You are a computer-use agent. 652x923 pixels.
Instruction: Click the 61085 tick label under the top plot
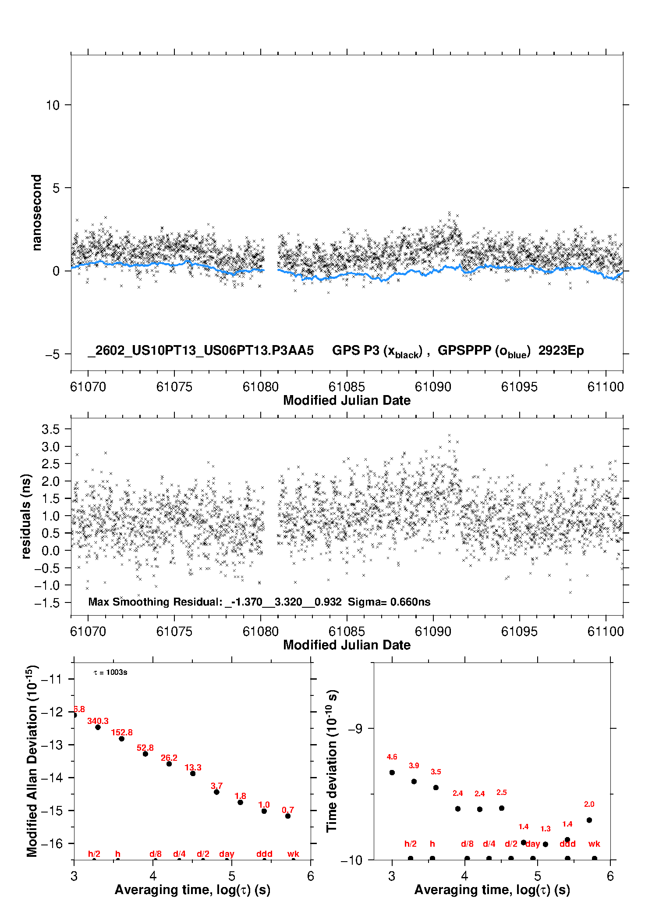pyautogui.click(x=347, y=387)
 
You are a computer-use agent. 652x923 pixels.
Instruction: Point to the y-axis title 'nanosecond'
pyautogui.click(x=36, y=212)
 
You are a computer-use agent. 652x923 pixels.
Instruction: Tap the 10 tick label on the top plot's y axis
pyautogui.click(x=53, y=105)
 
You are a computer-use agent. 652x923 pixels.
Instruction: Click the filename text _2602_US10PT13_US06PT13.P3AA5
pyautogui.click(x=201, y=350)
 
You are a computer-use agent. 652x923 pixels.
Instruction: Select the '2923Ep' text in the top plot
pyautogui.click(x=561, y=350)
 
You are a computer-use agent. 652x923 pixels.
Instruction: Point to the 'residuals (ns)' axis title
pyautogui.click(x=26, y=516)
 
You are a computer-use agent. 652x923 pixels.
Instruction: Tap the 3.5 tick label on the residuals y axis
pyautogui.click(x=50, y=429)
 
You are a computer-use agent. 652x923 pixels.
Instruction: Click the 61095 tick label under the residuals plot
pyautogui.click(x=519, y=631)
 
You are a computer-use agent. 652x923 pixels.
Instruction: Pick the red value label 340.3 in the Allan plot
pyautogui.click(x=98, y=721)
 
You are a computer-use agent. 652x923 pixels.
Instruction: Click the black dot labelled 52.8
pyautogui.click(x=145, y=754)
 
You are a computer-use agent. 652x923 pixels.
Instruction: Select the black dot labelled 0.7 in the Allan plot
pyautogui.click(x=288, y=816)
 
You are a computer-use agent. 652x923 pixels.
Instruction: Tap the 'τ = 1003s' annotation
pyautogui.click(x=110, y=673)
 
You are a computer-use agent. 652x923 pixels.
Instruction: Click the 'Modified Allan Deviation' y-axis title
pyautogui.click(x=32, y=761)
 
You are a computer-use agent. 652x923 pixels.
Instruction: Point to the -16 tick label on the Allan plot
pyautogui.click(x=51, y=843)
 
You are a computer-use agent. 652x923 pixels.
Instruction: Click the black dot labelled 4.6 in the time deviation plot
pyautogui.click(x=392, y=773)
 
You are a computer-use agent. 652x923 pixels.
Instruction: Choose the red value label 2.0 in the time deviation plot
pyautogui.click(x=589, y=804)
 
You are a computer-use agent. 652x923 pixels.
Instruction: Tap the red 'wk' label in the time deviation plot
pyautogui.click(x=594, y=844)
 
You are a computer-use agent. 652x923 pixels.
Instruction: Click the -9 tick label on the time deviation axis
pyautogui.click(x=355, y=729)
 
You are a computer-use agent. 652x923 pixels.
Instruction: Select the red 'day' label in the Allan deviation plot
pyautogui.click(x=227, y=854)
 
